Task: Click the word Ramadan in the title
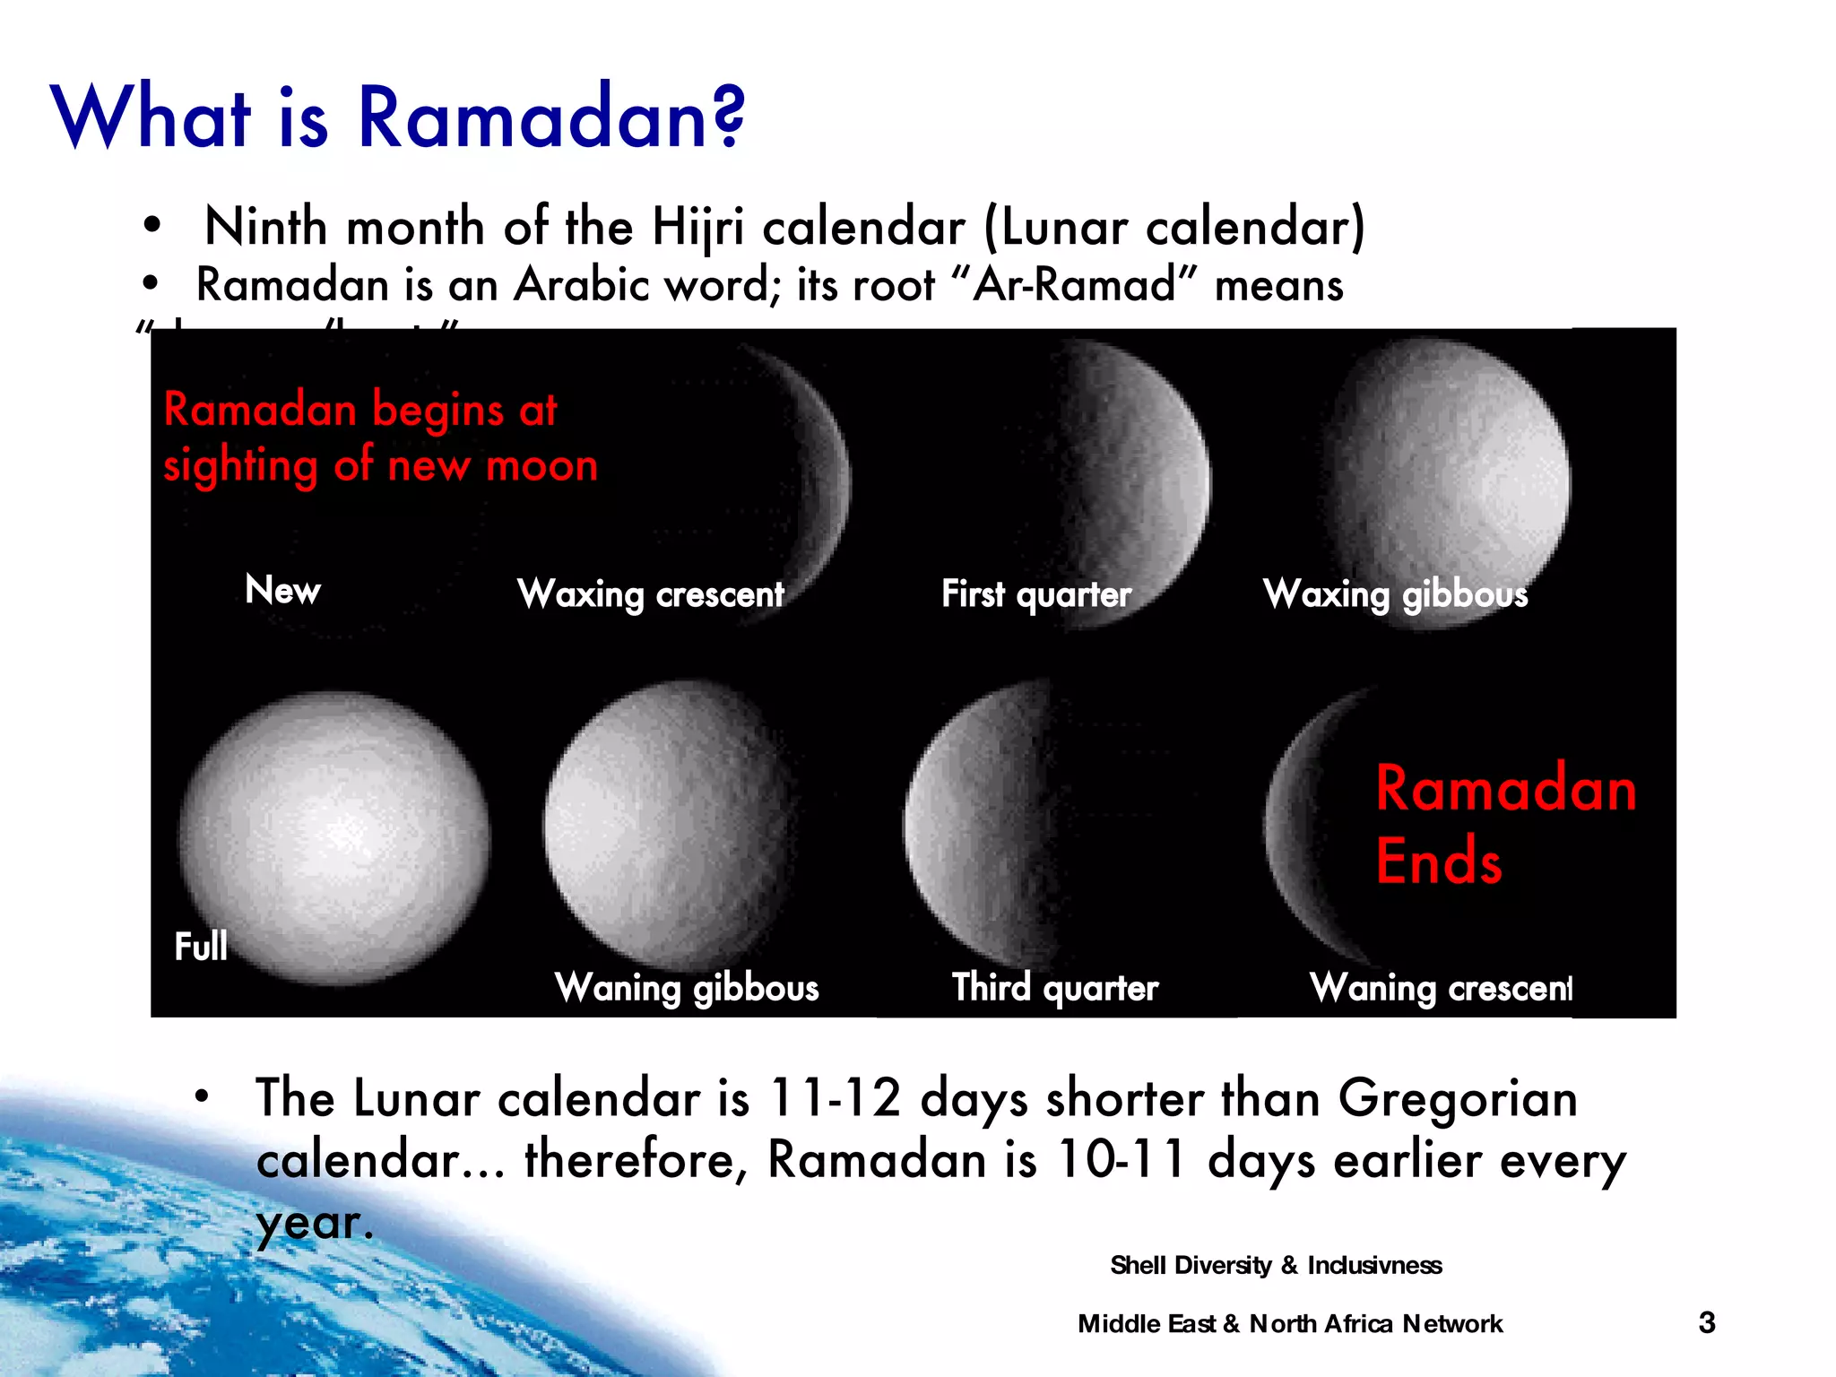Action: tap(549, 118)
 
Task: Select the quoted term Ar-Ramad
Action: tap(1073, 286)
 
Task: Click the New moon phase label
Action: tap(282, 590)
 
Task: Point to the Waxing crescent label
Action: tap(651, 594)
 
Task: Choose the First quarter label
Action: tap(1036, 594)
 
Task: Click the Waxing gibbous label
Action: tap(1395, 594)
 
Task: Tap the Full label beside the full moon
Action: tap(201, 947)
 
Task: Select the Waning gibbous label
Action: tap(687, 988)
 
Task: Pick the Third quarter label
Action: tap(1054, 988)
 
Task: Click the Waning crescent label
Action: tap(1440, 988)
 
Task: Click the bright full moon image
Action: tap(333, 838)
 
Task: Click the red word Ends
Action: tap(1438, 862)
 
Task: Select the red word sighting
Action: tap(240, 466)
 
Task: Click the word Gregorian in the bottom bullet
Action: tap(1458, 1098)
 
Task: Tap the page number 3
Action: tap(1707, 1322)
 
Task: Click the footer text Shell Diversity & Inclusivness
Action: tap(1276, 1265)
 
